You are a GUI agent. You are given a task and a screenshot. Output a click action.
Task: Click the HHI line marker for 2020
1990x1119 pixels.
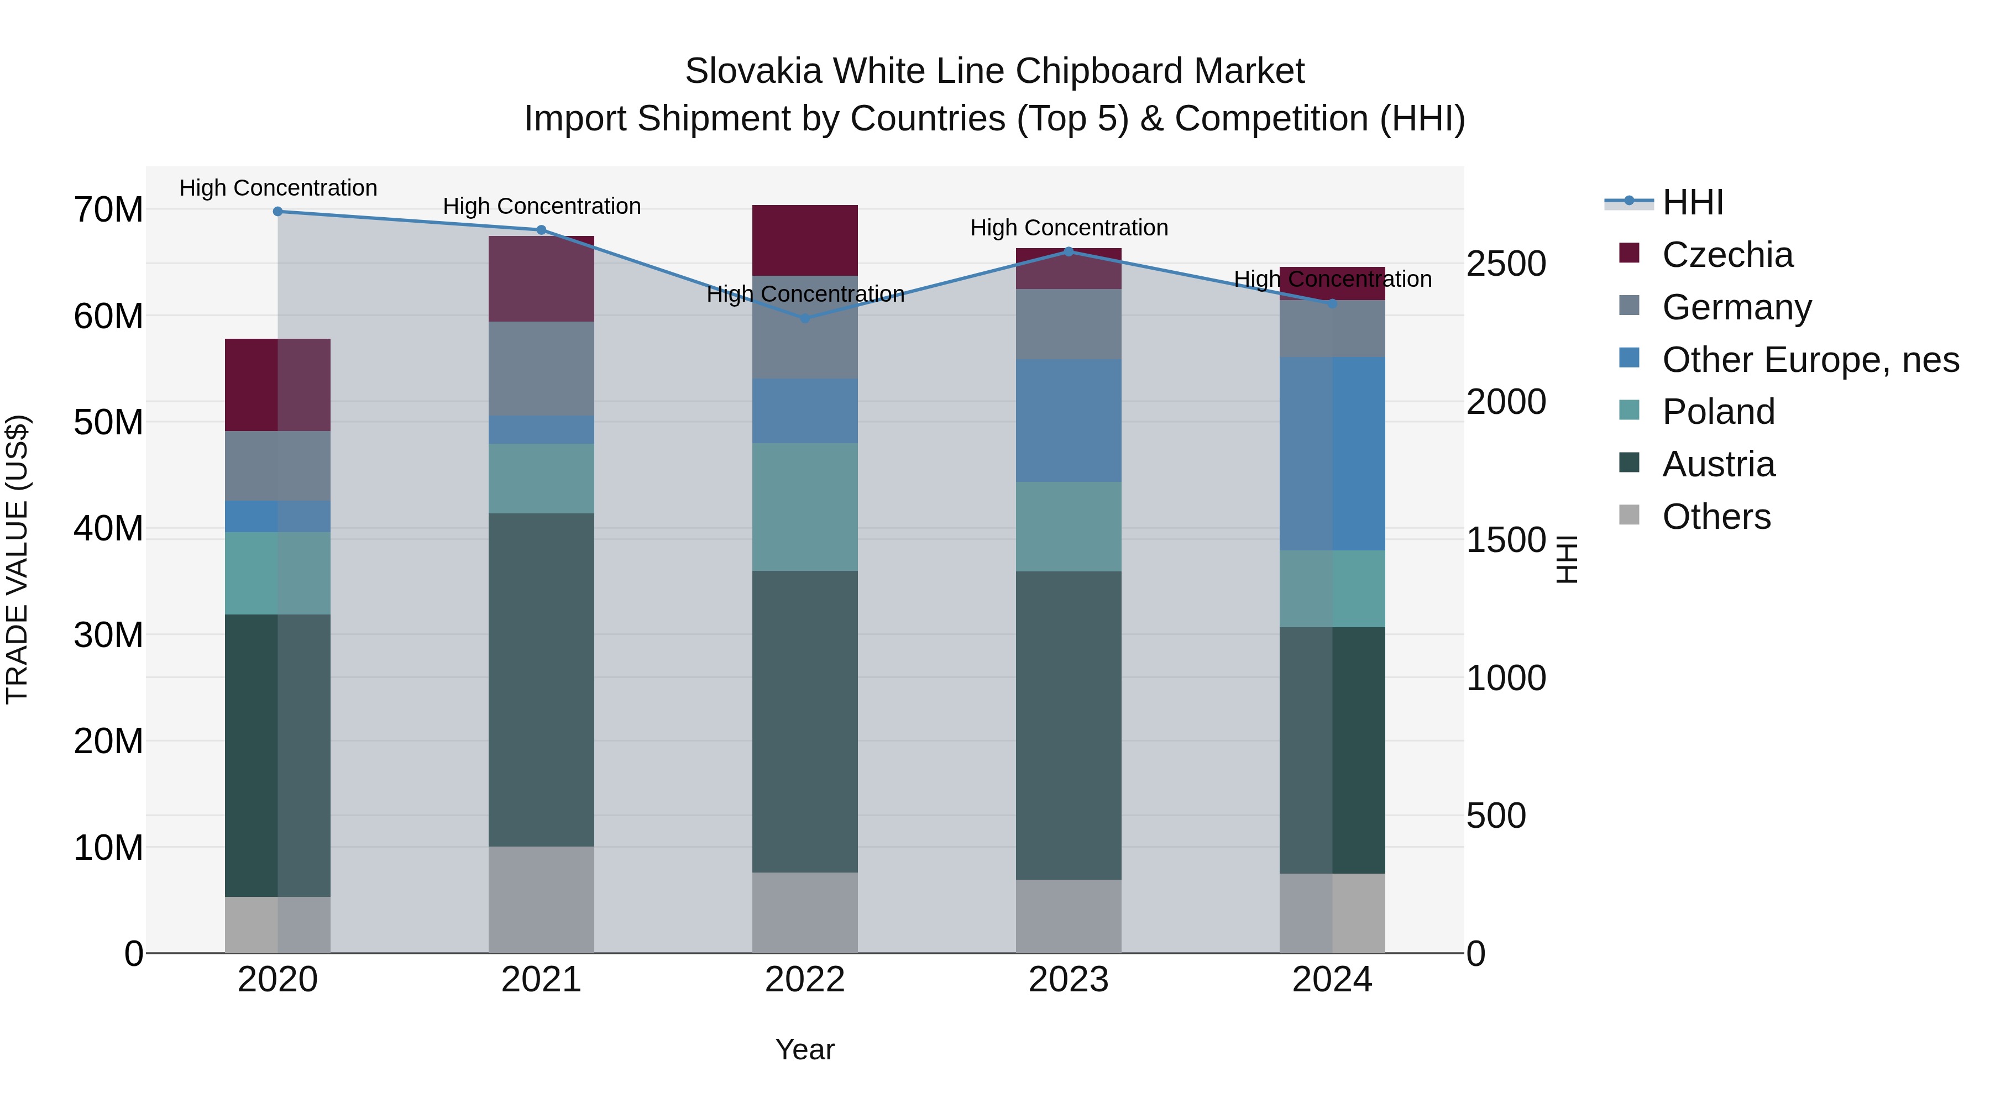(x=277, y=211)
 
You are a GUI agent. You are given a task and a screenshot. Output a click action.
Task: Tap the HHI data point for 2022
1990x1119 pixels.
(x=804, y=318)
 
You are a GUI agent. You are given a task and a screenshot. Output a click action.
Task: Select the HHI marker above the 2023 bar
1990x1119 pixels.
(x=1069, y=251)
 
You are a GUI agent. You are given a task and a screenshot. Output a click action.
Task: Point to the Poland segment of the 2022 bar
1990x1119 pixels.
(x=804, y=507)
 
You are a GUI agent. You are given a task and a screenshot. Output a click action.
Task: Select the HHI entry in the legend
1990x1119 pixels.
(x=1692, y=202)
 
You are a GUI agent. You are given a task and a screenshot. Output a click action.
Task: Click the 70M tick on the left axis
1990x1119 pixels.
(x=108, y=210)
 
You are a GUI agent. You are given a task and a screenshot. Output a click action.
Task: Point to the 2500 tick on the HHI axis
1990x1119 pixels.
(x=1506, y=264)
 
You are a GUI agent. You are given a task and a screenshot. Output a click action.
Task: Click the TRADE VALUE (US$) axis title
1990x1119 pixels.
(x=17, y=559)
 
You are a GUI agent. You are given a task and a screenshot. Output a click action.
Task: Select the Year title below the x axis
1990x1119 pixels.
(x=804, y=1049)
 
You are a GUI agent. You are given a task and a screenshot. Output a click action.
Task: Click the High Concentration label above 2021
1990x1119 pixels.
(x=542, y=206)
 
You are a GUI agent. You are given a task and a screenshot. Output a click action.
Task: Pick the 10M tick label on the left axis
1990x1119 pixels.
(x=108, y=848)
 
